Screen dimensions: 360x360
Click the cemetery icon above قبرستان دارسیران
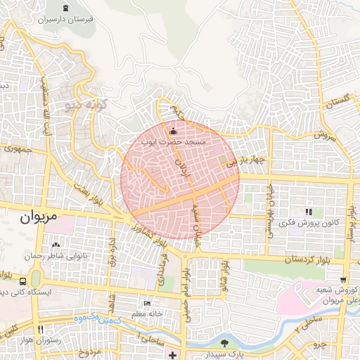pyautogui.click(x=65, y=8)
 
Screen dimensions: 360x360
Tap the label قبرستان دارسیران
pyautogui.click(x=66, y=20)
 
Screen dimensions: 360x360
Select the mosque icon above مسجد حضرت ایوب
pyautogui.click(x=174, y=130)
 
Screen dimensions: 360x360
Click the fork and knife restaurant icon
pyautogui.click(x=40, y=329)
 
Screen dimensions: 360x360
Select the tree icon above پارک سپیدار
pyautogui.click(x=224, y=343)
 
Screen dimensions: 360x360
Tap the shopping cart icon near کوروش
pyautogui.click(x=343, y=279)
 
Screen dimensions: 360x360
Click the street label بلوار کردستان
pyautogui.click(x=307, y=260)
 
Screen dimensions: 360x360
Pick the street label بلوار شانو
pyautogui.click(x=224, y=276)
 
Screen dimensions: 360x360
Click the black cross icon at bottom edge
pyautogui.click(x=173, y=354)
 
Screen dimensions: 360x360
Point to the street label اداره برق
pyautogui.click(x=111, y=251)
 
